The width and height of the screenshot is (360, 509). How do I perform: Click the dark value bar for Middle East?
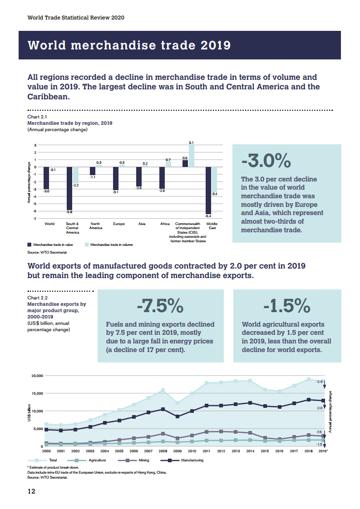pyautogui.click(x=208, y=190)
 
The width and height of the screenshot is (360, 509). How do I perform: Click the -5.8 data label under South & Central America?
pyautogui.click(x=69, y=212)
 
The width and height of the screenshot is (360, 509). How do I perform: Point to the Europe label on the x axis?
pyautogui.click(x=119, y=224)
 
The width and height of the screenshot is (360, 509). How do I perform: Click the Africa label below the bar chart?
pyautogui.click(x=165, y=224)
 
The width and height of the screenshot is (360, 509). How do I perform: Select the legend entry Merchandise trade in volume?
pyautogui.click(x=109, y=245)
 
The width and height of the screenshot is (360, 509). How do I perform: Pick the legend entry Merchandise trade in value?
pyautogui.click(x=49, y=245)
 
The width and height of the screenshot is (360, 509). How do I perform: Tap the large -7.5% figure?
pyautogui.click(x=160, y=306)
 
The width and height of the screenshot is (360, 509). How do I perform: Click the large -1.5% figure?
pyautogui.click(x=287, y=306)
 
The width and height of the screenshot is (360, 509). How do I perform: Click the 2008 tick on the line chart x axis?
pyautogui.click(x=163, y=451)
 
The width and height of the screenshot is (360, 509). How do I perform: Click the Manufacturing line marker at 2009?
pyautogui.click(x=178, y=416)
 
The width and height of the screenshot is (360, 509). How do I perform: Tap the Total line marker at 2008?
pyautogui.click(x=163, y=390)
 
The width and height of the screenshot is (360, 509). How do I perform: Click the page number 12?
pyautogui.click(x=31, y=491)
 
